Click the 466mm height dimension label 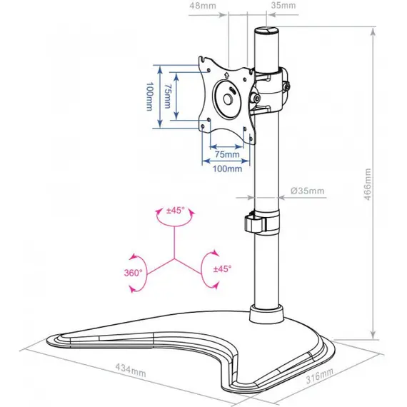point(368,184)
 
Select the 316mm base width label point(319,376)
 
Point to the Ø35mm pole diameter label point(308,191)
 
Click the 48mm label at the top point(203,6)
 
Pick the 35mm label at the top point(283,5)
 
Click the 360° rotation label point(133,273)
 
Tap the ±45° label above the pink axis point(176,210)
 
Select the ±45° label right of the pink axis point(223,268)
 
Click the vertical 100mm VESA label point(149,96)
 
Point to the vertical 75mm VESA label point(168,96)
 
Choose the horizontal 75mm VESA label point(227,154)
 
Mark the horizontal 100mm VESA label point(227,169)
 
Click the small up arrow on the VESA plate point(226,75)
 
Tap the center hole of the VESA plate point(228,100)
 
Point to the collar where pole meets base point(266,314)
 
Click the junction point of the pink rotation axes point(174,258)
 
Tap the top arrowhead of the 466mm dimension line point(373,31)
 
